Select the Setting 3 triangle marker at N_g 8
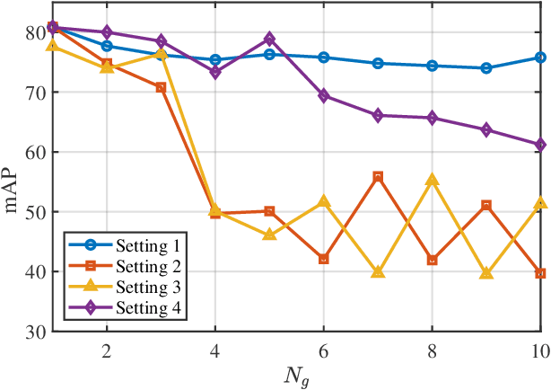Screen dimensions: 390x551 pyautogui.click(x=432, y=180)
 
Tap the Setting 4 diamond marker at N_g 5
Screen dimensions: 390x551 pyautogui.click(x=269, y=40)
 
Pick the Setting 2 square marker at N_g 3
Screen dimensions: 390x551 pyautogui.click(x=161, y=88)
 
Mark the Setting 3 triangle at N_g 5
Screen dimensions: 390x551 pyautogui.click(x=269, y=235)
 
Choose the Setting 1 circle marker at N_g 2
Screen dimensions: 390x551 pyautogui.click(x=107, y=46)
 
